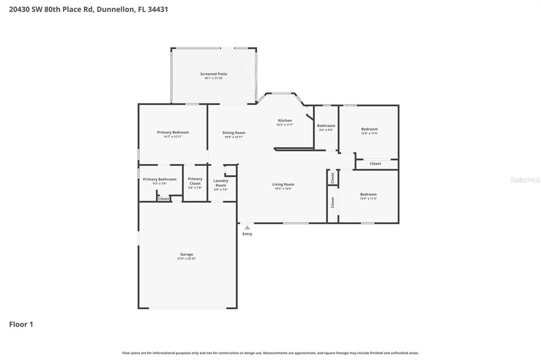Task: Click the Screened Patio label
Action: [213, 74]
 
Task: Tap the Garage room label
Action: [186, 254]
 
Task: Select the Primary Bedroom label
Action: [173, 132]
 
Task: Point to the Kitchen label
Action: [285, 121]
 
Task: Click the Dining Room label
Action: [234, 133]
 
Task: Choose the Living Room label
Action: [283, 185]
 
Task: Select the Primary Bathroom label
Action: [160, 179]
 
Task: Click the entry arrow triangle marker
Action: [247, 228]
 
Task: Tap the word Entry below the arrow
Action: [247, 234]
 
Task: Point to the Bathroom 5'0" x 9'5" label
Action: [326, 126]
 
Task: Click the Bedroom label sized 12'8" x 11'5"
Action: [369, 129]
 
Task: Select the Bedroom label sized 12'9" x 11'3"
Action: [368, 194]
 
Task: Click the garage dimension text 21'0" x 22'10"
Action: [186, 259]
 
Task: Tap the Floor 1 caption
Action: [21, 325]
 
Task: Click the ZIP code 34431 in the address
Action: [157, 9]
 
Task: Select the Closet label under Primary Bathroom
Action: [164, 198]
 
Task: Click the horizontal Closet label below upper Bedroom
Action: [375, 164]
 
